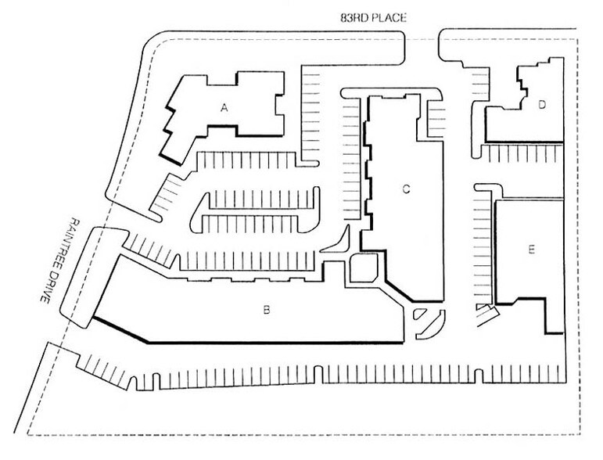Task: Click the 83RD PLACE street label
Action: coord(373,18)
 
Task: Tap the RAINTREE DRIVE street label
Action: coord(60,261)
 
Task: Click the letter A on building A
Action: coord(224,108)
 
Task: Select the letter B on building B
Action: coord(266,309)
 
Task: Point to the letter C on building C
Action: coord(406,189)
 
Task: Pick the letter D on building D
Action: coord(542,105)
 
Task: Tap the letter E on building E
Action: coord(532,250)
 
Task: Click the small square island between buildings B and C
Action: coord(364,268)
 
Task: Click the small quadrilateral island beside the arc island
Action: coord(419,314)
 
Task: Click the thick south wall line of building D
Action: coord(524,142)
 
